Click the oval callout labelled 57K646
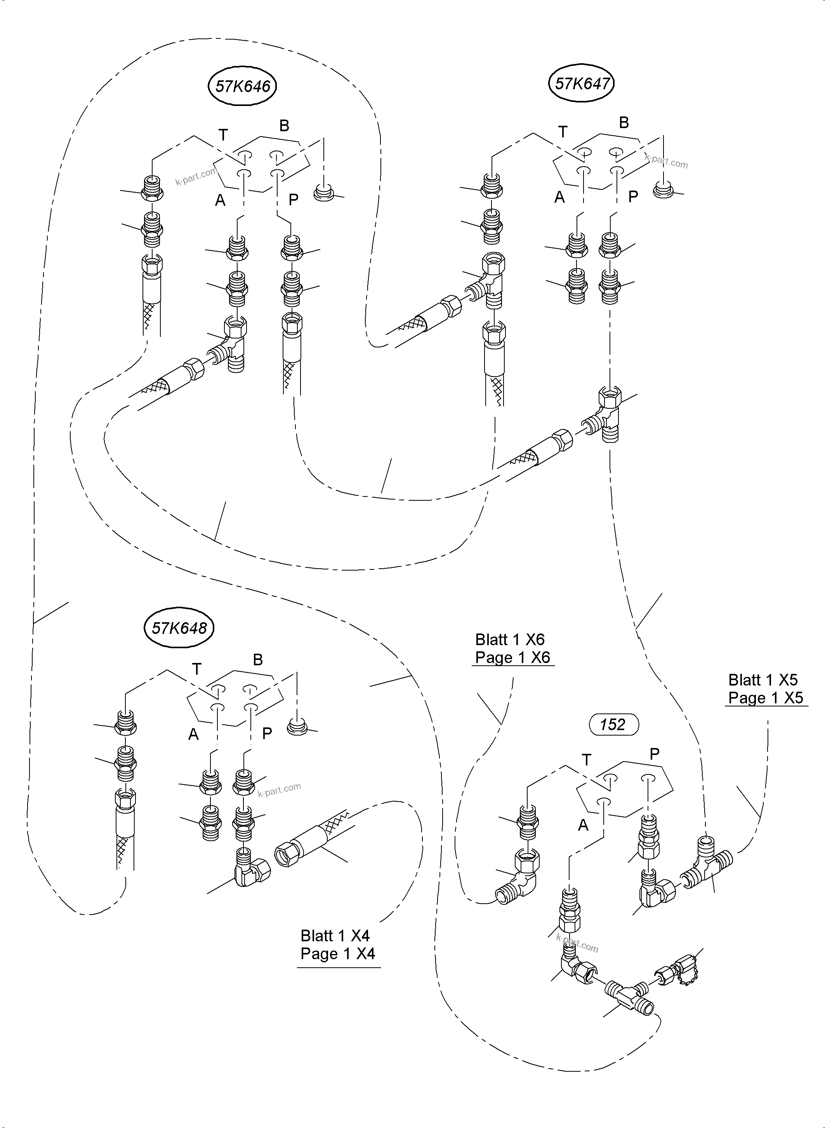tap(242, 87)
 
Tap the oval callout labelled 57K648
tap(179, 628)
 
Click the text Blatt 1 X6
tap(509, 639)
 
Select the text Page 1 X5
tap(765, 698)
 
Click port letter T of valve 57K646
tap(223, 135)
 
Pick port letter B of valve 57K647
tap(624, 122)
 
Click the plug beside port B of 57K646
tap(324, 192)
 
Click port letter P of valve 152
tap(655, 753)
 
